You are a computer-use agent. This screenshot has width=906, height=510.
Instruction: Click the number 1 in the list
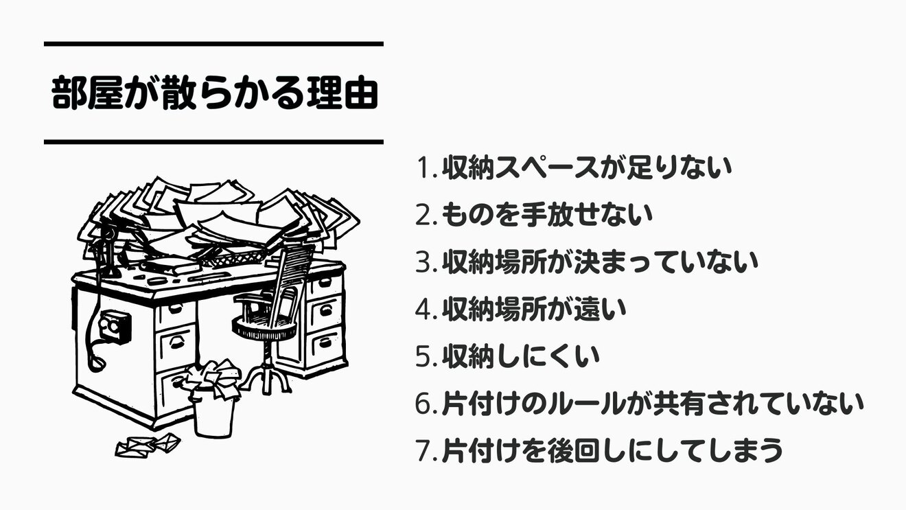click(424, 168)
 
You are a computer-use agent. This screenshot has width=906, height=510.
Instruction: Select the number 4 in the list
click(424, 310)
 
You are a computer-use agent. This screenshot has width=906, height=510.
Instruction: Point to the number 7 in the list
click(424, 451)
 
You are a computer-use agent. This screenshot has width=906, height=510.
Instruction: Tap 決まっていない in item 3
click(686, 263)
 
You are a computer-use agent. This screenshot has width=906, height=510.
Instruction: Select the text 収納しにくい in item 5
click(520, 357)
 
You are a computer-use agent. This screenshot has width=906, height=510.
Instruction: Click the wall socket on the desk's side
click(113, 326)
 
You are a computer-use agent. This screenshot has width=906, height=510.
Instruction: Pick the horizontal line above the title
click(213, 44)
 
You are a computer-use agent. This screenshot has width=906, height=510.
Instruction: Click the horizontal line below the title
click(213, 142)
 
